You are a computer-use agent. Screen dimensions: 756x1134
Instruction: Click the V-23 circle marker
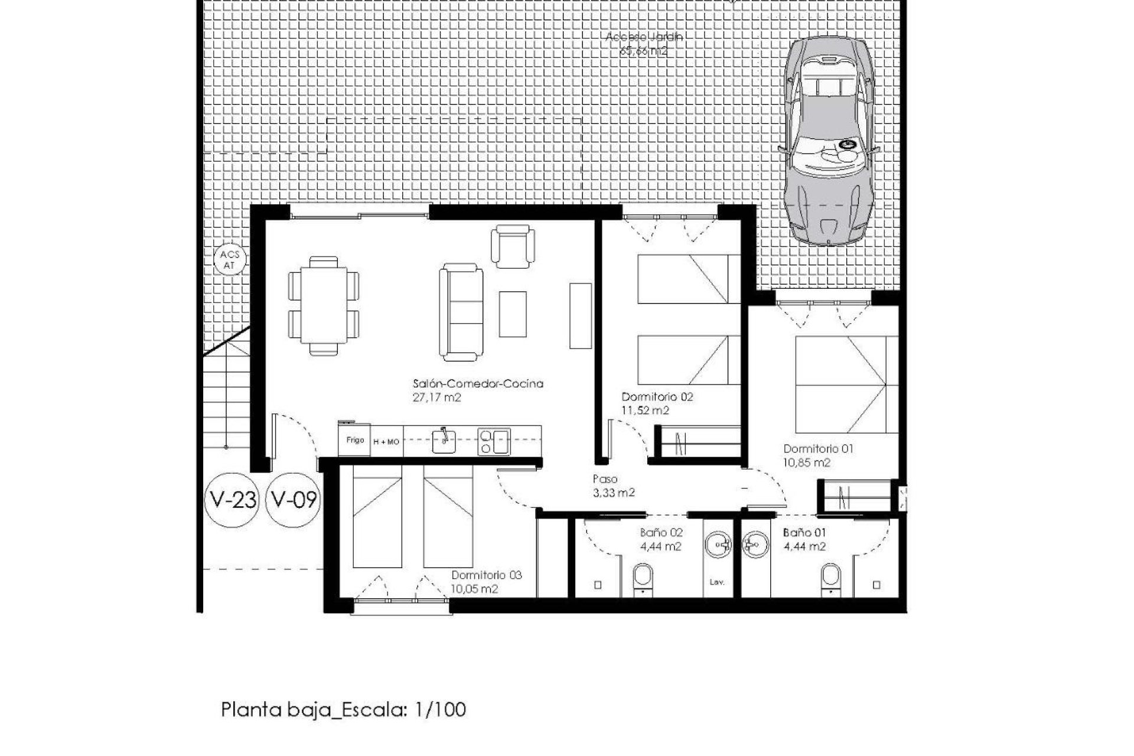point(233,500)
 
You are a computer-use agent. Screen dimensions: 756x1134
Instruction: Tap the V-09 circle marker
point(294,500)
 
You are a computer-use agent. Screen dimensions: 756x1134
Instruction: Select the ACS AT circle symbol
point(230,260)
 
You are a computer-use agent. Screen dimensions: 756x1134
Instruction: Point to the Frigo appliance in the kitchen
point(354,440)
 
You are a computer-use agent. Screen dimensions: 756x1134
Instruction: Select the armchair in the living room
point(513,246)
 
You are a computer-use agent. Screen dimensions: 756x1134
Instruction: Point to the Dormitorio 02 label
point(657,397)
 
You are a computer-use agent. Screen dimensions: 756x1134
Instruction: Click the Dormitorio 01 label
point(818,448)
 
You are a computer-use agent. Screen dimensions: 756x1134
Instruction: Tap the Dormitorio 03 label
point(487,575)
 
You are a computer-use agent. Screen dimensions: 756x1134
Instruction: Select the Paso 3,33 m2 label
point(613,485)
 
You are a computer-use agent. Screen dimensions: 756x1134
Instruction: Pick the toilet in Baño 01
point(830,577)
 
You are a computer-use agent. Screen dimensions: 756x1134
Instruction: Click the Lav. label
point(717,582)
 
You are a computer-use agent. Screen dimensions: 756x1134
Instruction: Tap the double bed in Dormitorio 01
point(840,384)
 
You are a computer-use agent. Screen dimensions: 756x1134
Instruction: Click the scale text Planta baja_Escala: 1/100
point(343,709)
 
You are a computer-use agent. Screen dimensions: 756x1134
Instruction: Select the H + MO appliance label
point(386,441)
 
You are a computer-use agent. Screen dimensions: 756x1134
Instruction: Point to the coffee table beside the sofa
point(512,314)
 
